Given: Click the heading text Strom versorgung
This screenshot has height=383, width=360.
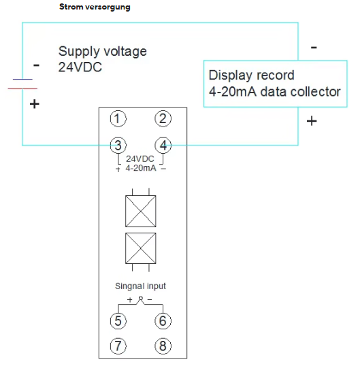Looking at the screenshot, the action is point(95,7).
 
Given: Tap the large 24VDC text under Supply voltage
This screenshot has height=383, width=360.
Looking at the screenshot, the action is point(80,67).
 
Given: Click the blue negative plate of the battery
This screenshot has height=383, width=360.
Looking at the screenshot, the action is point(22,80).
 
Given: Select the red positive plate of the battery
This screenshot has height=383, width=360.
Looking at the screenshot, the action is point(22,88).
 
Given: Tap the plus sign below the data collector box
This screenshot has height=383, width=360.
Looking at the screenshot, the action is point(312,121).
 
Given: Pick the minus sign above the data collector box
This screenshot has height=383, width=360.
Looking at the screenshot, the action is point(314,48).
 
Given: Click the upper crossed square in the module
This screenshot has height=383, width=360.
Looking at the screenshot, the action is point(141,211).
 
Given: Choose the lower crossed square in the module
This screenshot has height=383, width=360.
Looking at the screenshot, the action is point(141,248).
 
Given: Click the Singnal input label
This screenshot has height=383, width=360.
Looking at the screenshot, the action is point(140,286).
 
